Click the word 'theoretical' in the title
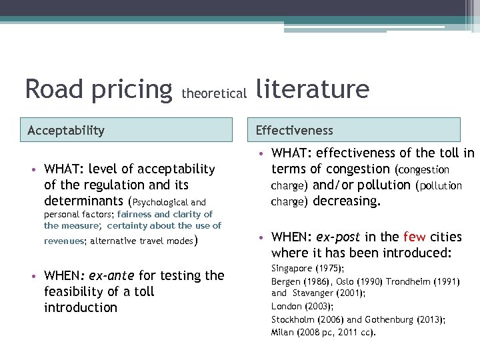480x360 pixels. tap(213, 94)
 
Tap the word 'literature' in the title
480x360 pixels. tap(311, 88)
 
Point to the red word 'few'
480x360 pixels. tap(414, 237)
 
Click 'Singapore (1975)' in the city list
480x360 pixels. tap(307, 269)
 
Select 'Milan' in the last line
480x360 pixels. tap(283, 332)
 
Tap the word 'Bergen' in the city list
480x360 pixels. tap(285, 281)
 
